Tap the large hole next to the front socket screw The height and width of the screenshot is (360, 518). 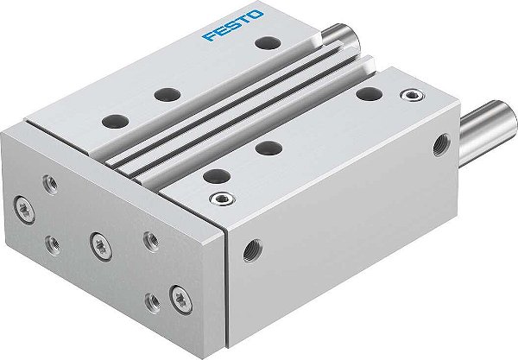point(210,176)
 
